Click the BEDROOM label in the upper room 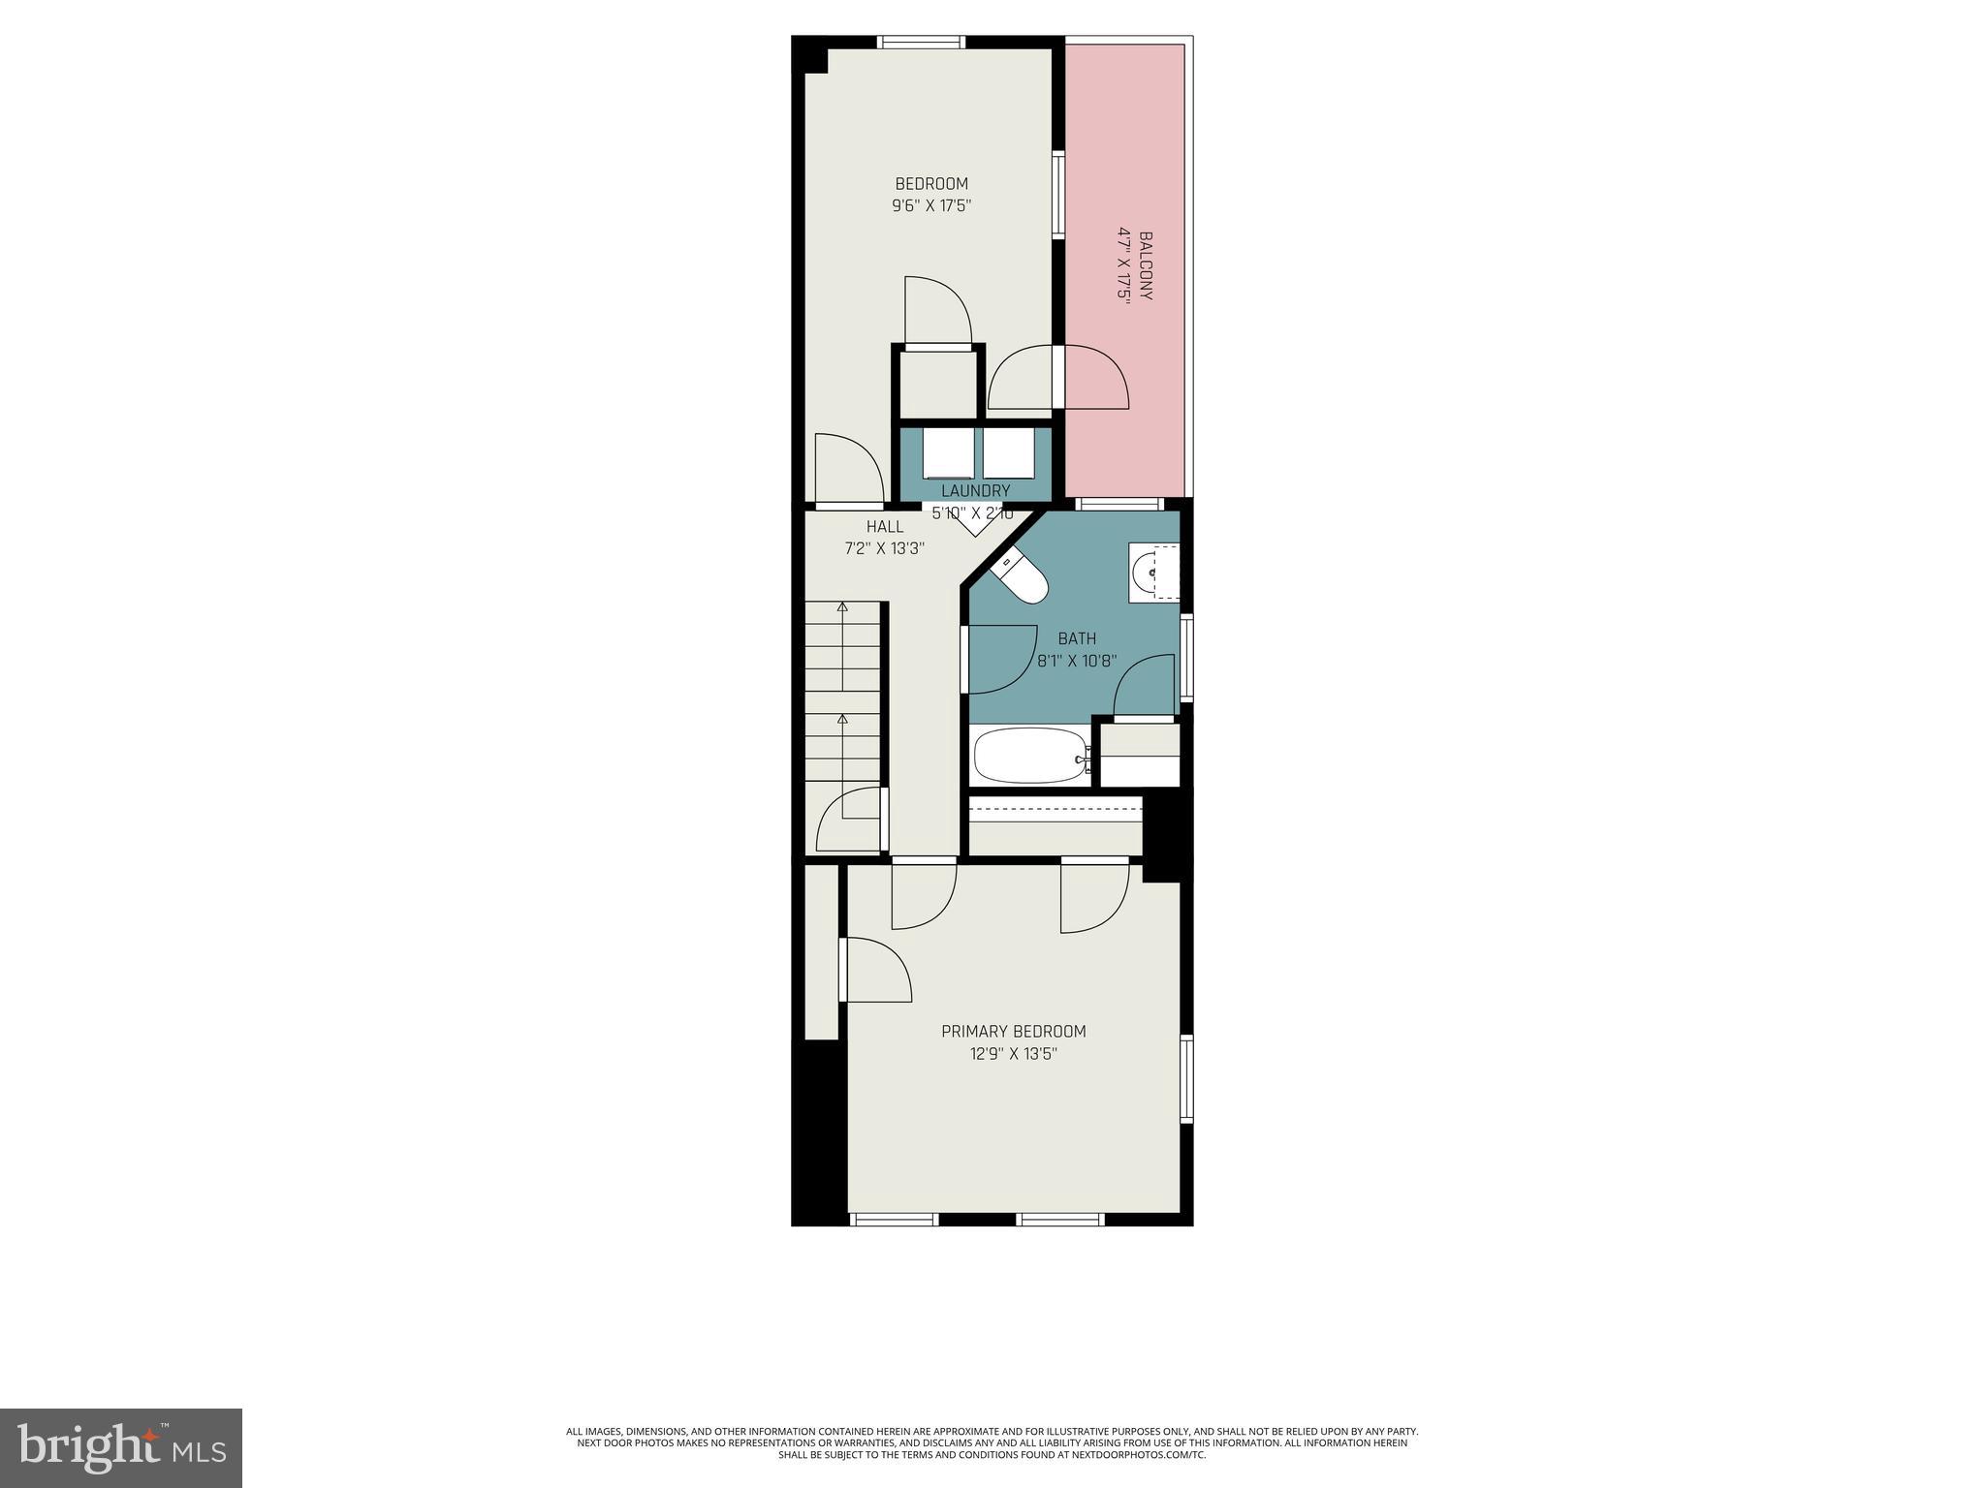coord(930,184)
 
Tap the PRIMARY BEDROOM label coord(1013,1032)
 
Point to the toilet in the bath coord(1023,578)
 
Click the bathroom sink coord(1153,573)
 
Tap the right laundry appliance coord(1010,452)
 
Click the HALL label coord(884,527)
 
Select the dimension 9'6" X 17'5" coord(930,206)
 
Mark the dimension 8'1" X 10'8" coord(1077,662)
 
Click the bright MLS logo coord(121,1447)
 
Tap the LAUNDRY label coord(975,491)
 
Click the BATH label coord(1077,639)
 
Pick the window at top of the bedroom coord(921,42)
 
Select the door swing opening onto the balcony coord(1097,378)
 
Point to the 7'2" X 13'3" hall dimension coord(884,548)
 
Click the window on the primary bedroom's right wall coord(1186,1078)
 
